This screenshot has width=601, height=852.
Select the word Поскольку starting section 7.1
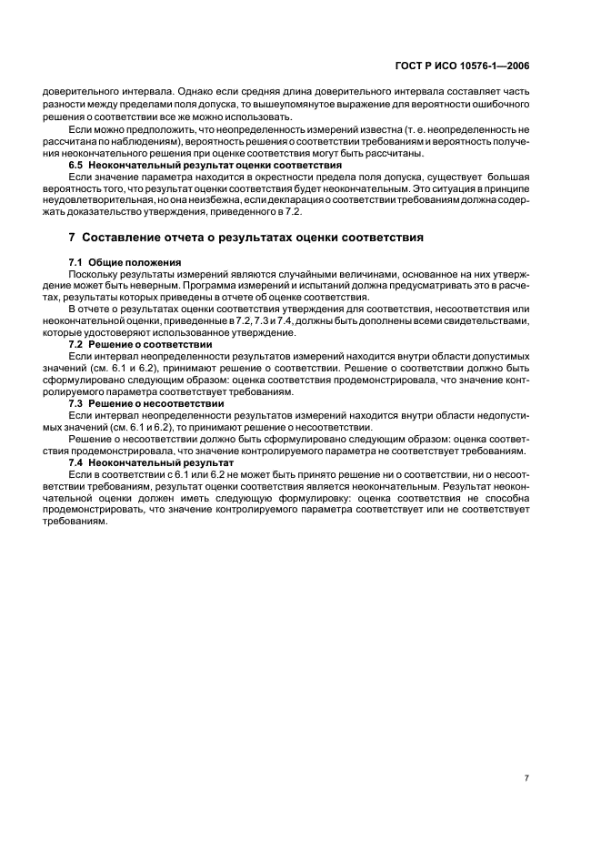point(95,272)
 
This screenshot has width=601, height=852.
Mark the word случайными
point(285,272)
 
